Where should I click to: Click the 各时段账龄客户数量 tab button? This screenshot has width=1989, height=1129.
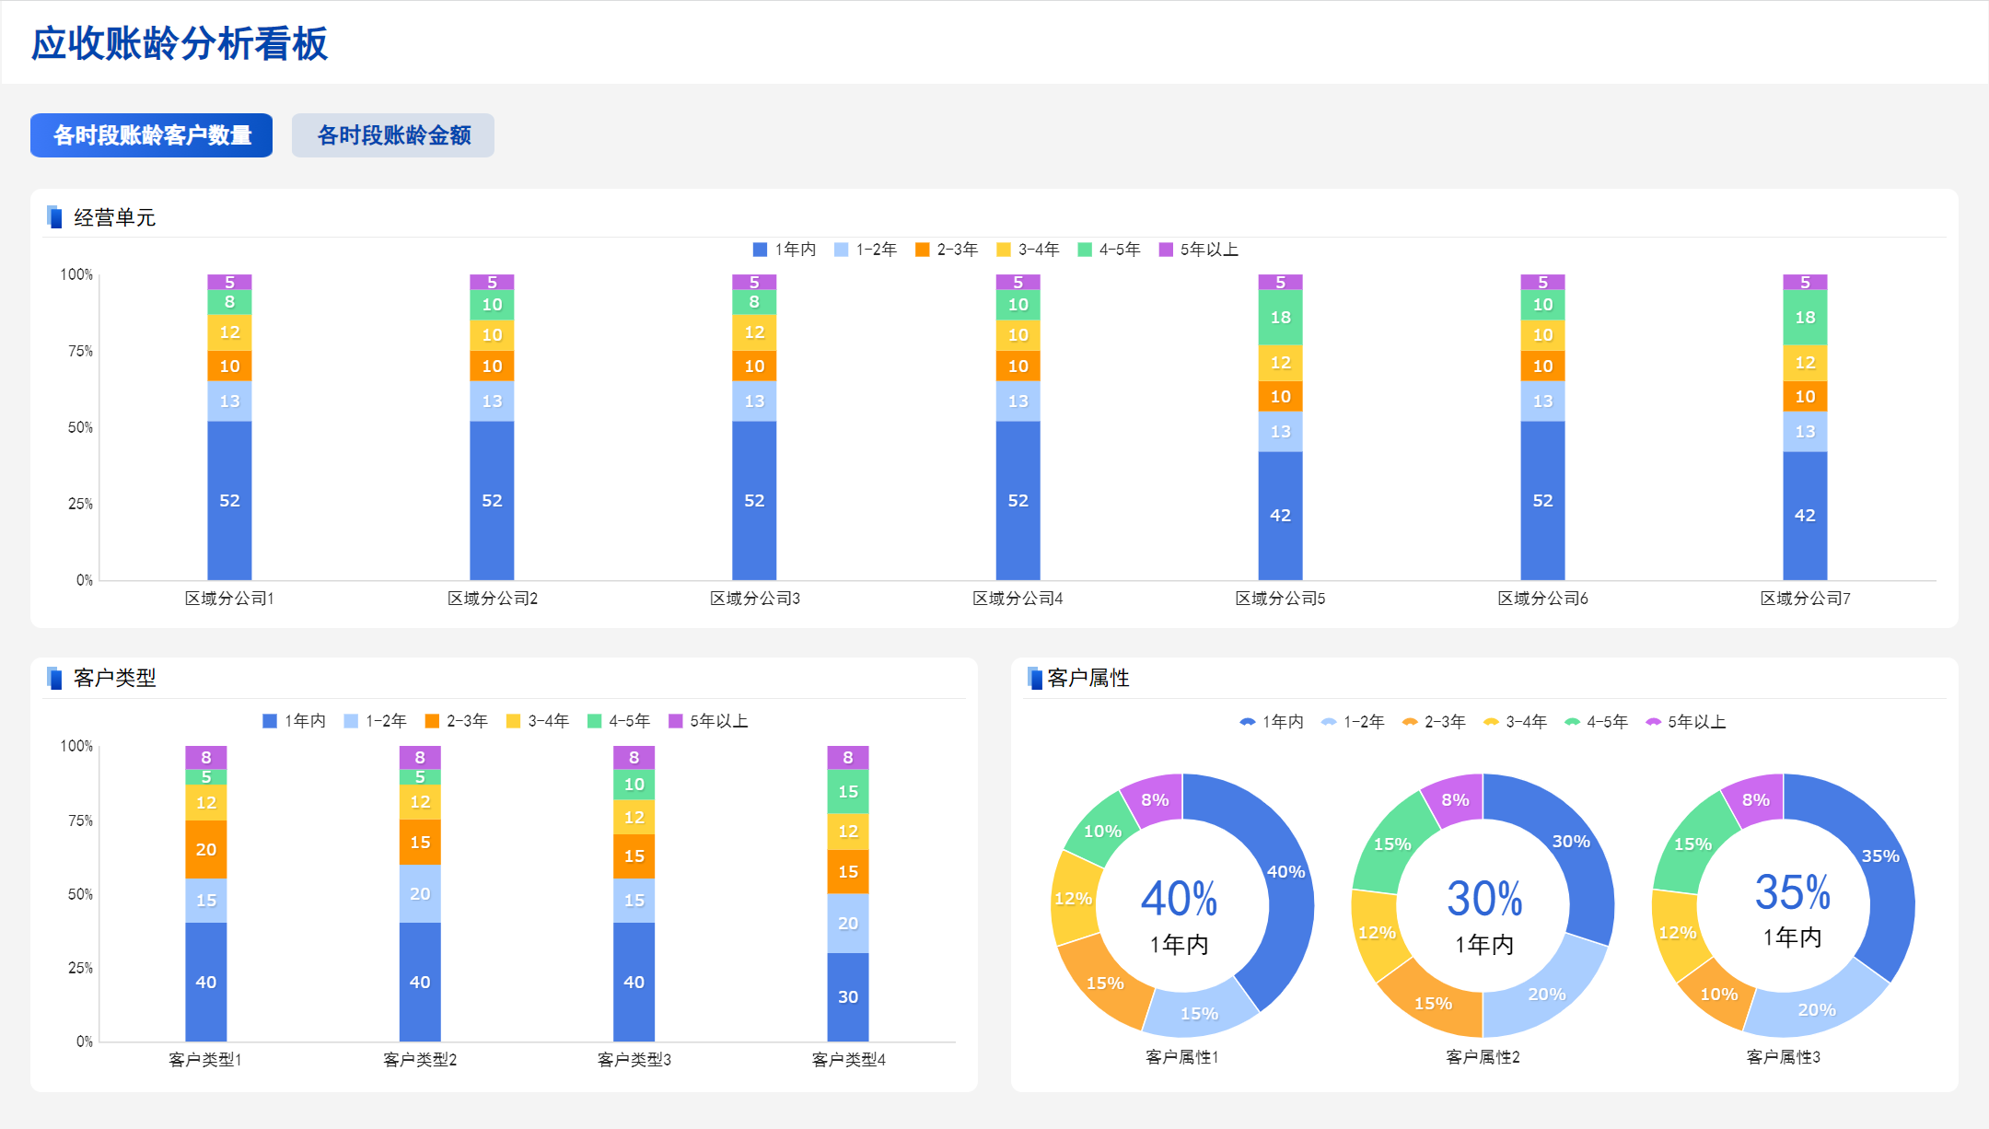(x=152, y=135)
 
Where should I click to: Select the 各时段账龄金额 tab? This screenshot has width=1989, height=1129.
(x=393, y=135)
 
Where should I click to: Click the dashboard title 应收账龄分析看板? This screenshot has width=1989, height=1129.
(x=180, y=43)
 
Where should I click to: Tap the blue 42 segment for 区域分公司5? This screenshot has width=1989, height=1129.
(x=1280, y=515)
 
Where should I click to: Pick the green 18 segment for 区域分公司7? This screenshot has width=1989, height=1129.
(x=1805, y=317)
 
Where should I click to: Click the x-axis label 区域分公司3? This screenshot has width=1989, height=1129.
(x=754, y=599)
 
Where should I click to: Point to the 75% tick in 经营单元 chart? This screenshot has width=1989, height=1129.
(x=80, y=351)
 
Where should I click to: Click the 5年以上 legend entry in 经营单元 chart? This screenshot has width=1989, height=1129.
(x=1199, y=250)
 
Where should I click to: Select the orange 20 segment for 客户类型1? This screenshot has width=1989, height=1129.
(x=206, y=849)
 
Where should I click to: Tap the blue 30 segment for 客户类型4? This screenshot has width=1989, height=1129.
(x=848, y=996)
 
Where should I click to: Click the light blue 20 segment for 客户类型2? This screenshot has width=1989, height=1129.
(x=420, y=893)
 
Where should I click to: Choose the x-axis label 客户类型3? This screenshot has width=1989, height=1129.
(x=634, y=1060)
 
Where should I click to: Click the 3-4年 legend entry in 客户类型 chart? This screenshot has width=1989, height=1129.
(x=539, y=721)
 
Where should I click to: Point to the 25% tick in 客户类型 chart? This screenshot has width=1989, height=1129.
(x=80, y=968)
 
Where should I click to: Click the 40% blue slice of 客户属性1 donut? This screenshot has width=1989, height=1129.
(x=1285, y=871)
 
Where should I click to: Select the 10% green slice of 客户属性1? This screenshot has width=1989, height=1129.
(x=1102, y=831)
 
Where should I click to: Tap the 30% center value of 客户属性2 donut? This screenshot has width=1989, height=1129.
(x=1484, y=899)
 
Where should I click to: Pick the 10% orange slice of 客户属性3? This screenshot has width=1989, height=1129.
(x=1718, y=994)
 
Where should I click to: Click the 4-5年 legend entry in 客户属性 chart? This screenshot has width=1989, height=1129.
(x=1597, y=722)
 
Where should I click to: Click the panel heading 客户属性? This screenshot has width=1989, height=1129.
(x=1088, y=678)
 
